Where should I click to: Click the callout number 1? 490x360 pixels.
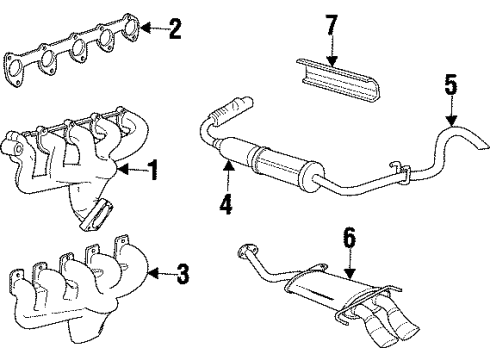tap(153, 171)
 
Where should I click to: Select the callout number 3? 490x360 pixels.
tap(181, 271)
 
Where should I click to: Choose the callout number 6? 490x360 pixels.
tap(349, 237)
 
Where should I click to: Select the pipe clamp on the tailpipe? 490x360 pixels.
tap(398, 171)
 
